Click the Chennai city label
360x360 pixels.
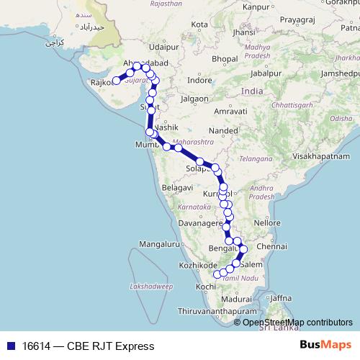click(271, 247)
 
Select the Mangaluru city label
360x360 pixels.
click(158, 244)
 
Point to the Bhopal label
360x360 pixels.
click(225, 58)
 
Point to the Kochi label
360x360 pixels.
click(206, 287)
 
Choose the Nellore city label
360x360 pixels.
click(266, 222)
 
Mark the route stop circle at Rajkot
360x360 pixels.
click(116, 81)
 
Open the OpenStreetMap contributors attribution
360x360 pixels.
click(297, 322)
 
